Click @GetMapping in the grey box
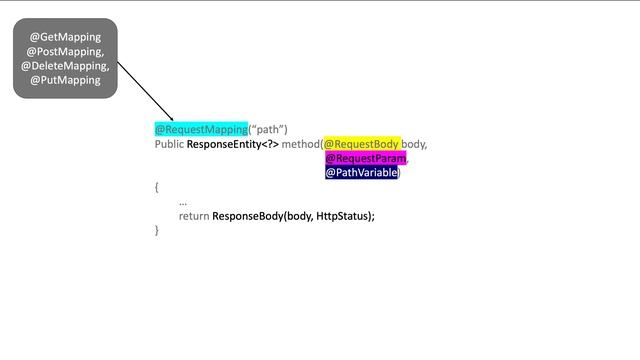(65, 37)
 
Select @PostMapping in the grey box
(65, 51)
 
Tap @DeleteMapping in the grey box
(65, 66)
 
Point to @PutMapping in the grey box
(65, 80)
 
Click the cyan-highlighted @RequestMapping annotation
(201, 129)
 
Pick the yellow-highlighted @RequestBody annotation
(361, 144)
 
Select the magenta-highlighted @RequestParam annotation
(366, 158)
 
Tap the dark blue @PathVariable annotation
(362, 172)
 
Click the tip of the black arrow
(174, 121)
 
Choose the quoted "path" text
(268, 129)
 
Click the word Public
(169, 144)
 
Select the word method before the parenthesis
(299, 144)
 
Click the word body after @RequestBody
(414, 144)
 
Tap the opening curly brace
(157, 187)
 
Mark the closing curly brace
(157, 230)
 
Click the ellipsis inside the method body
(183, 202)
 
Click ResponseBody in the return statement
(247, 216)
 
